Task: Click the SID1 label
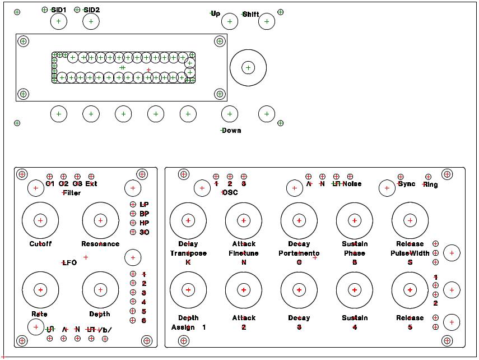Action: tap(58, 10)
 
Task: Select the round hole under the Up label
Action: tap(230, 22)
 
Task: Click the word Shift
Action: tap(250, 15)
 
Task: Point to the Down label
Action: tap(231, 131)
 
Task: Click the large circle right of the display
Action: tap(248, 68)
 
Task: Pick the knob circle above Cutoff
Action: tap(40, 220)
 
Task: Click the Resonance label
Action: tap(100, 244)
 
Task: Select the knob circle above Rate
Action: tap(40, 290)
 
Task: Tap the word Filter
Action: tap(72, 193)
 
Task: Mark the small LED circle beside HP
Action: tap(133, 223)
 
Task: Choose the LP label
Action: tap(144, 205)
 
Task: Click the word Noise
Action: tap(352, 184)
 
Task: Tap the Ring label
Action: tap(430, 184)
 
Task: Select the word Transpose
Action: tap(188, 253)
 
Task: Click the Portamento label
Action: tap(299, 253)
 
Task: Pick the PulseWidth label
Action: tap(410, 253)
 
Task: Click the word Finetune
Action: tap(244, 253)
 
